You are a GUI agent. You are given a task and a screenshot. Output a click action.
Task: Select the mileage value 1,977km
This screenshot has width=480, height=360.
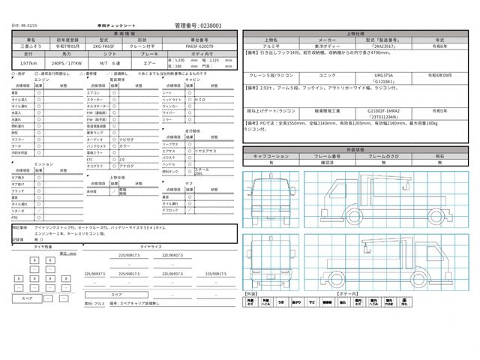click(25, 65)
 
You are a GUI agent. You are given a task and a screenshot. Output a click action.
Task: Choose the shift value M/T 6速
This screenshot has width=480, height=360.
click(112, 65)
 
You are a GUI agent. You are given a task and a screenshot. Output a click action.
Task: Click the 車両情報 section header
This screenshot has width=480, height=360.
click(120, 33)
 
